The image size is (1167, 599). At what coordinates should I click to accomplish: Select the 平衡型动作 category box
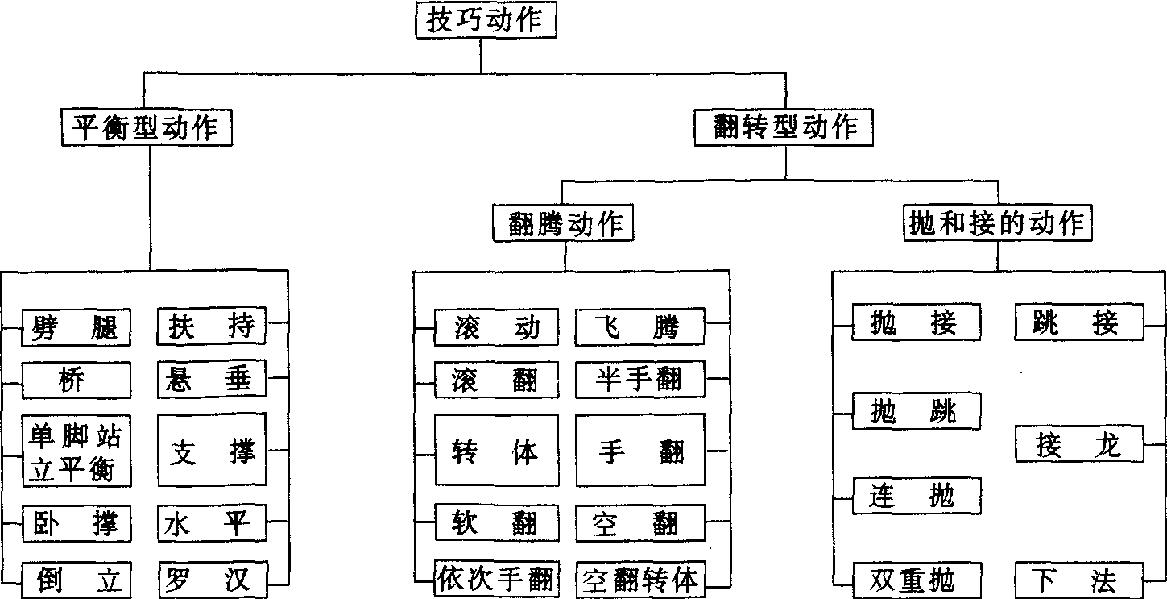[x=147, y=127]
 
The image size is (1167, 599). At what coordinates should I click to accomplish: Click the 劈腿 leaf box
[x=76, y=327]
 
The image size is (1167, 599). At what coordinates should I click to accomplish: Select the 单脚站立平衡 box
[x=76, y=451]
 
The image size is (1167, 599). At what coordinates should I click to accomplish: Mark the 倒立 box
[x=76, y=579]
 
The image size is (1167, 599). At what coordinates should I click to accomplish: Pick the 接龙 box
[x=1078, y=445]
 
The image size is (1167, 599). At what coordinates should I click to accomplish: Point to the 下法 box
[x=1078, y=579]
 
